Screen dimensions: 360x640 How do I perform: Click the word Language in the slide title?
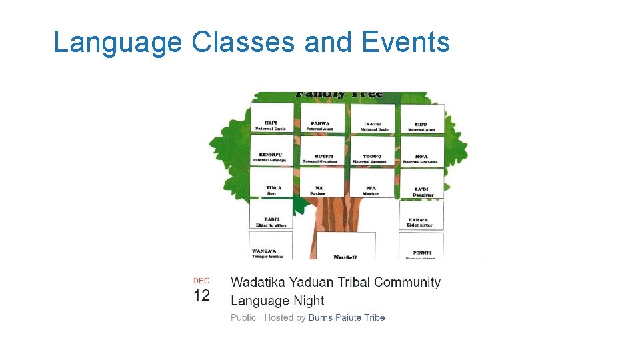[x=117, y=43]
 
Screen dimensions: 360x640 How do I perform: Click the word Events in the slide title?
[x=406, y=43]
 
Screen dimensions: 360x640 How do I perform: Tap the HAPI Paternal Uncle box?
[x=271, y=118]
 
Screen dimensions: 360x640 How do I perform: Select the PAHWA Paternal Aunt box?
[x=323, y=118]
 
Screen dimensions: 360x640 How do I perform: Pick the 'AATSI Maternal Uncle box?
[x=373, y=119]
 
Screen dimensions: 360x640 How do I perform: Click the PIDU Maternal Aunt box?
[x=421, y=119]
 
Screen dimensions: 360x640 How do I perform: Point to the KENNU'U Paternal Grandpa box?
[x=271, y=151]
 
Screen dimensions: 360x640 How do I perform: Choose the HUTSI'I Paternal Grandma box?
[x=323, y=151]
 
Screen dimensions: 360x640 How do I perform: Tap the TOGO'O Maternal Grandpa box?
[x=373, y=151]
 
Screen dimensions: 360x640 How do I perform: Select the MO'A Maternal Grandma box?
[x=421, y=152]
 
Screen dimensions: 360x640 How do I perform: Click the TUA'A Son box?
[x=272, y=183]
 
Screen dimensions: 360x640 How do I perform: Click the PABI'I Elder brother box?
[x=271, y=215]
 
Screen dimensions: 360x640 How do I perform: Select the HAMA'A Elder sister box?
[x=421, y=216]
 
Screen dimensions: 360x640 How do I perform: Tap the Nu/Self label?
[x=345, y=257]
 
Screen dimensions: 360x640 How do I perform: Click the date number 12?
[x=201, y=295]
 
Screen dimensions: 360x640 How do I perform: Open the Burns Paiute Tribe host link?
[x=346, y=317]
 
